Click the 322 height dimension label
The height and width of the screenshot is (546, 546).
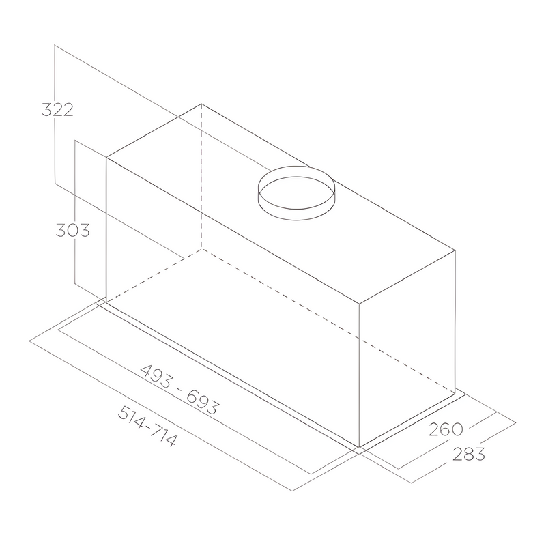(x=57, y=109)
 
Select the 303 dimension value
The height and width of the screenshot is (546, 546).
(x=72, y=230)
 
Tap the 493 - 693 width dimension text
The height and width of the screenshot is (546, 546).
(x=179, y=390)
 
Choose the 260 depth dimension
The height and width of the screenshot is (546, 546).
(x=446, y=429)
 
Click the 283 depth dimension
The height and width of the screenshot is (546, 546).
(x=468, y=454)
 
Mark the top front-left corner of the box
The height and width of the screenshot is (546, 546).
(x=106, y=158)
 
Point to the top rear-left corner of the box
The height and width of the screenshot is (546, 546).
(x=201, y=104)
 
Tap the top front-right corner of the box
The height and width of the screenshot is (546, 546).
(x=359, y=302)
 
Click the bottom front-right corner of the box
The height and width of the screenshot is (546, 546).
(x=359, y=447)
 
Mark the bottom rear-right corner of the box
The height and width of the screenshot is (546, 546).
(x=455, y=393)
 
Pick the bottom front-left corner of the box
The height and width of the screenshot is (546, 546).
(x=106, y=302)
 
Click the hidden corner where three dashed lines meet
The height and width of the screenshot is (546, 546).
(x=201, y=248)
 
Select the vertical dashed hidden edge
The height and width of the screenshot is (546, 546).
(x=201, y=177)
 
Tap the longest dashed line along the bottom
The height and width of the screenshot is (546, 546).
(x=328, y=321)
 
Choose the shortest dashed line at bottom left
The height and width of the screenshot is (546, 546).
(x=154, y=275)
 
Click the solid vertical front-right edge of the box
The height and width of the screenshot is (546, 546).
(x=359, y=375)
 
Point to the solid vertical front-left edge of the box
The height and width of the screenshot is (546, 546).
(x=106, y=230)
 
